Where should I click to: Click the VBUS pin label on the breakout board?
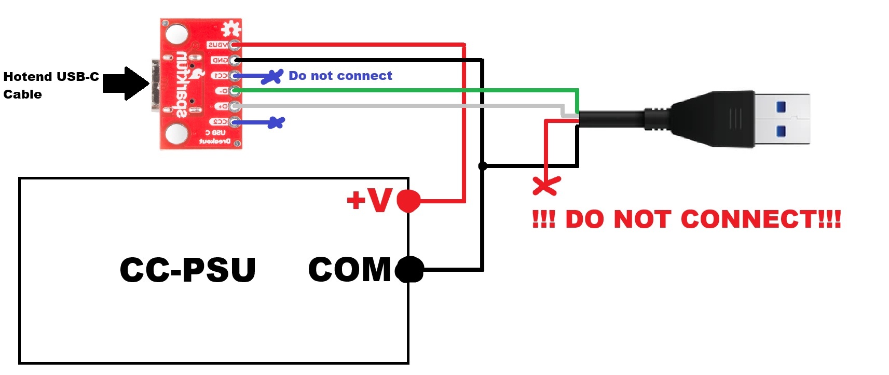[x=217, y=45]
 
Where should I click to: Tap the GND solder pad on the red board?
[x=235, y=60]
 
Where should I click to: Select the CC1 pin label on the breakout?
[x=220, y=76]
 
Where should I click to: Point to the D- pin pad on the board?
[x=235, y=91]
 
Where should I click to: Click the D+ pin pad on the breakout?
[x=235, y=106]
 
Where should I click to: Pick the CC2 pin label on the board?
[x=219, y=122]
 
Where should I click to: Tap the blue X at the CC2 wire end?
[x=277, y=123]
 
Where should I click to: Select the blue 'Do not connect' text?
[x=340, y=76]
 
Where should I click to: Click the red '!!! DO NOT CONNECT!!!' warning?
[x=686, y=219]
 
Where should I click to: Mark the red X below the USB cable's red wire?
[x=546, y=185]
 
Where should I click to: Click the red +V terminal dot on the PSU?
[x=408, y=201]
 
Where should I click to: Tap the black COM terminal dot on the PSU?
[x=409, y=270]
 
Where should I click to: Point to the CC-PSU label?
[x=187, y=270]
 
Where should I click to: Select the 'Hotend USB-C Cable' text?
[x=50, y=85]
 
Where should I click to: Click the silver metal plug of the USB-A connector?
[x=781, y=120]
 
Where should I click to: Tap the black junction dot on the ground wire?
[x=483, y=166]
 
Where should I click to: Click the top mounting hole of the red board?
[x=176, y=35]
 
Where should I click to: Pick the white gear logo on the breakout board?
[x=231, y=29]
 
